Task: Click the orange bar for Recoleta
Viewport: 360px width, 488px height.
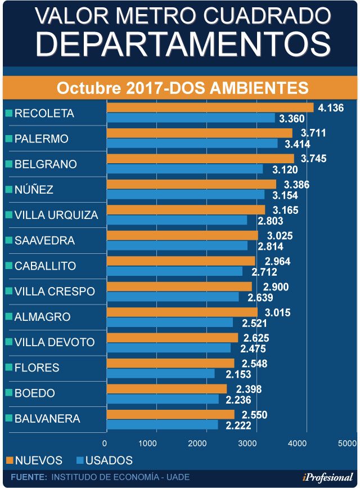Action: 210,108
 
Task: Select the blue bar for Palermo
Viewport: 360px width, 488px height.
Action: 192,144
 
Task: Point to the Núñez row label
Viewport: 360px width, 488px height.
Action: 34,190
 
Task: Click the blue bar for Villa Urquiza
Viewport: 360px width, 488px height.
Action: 177,220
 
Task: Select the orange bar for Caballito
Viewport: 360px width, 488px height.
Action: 181,261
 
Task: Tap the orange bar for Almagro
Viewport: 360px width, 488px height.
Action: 182,312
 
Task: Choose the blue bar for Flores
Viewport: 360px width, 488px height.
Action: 160,373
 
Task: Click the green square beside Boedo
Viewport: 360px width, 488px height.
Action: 8,393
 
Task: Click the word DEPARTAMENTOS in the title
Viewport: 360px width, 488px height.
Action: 180,43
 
